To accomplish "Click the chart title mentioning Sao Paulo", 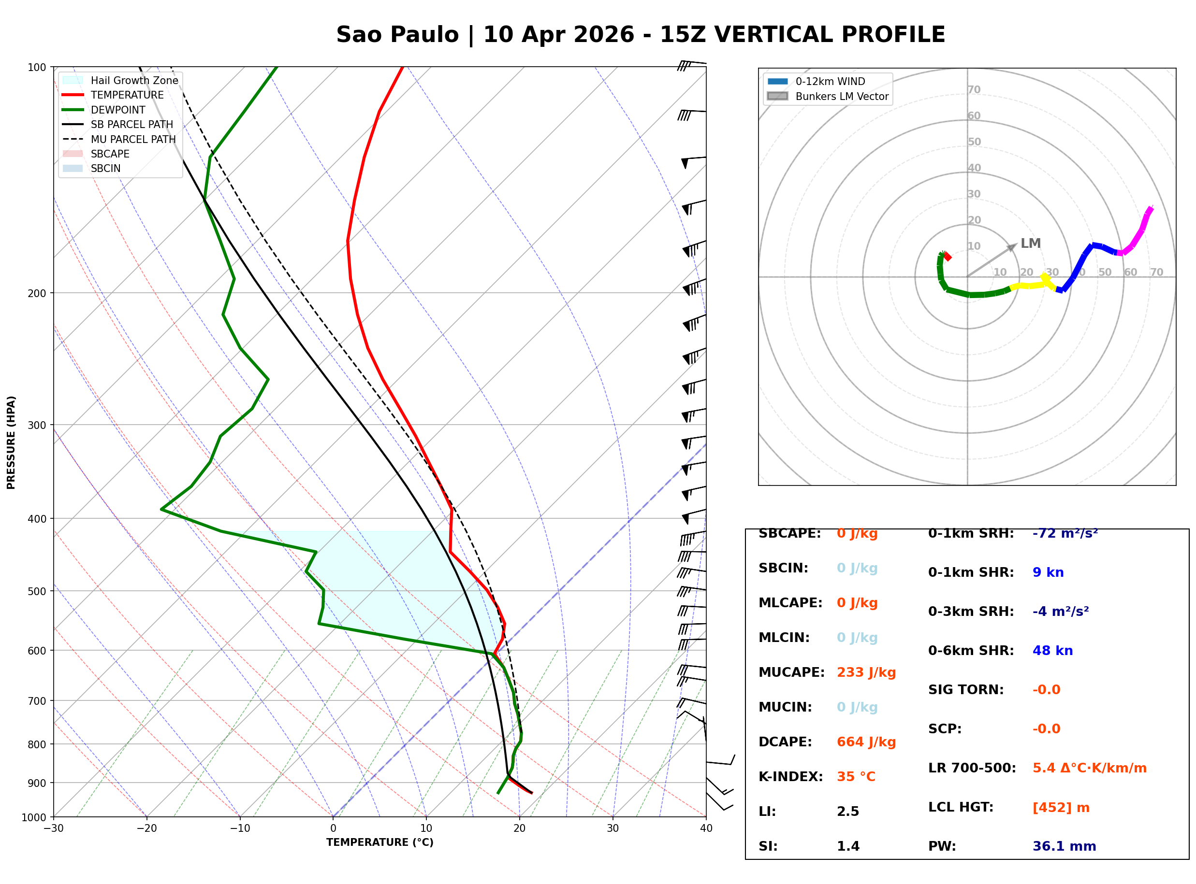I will [640, 34].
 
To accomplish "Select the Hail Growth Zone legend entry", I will [134, 80].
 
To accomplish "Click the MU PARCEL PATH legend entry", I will [133, 139].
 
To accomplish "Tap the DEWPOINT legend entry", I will [118, 110].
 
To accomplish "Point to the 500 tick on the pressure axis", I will [36, 591].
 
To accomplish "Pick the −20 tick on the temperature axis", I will [146, 828].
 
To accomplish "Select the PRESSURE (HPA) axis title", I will [11, 442].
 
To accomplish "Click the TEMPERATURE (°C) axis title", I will [379, 842].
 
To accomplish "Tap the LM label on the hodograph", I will [1030, 243].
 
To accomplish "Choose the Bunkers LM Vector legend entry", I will [842, 96].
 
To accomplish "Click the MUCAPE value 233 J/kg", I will [866, 672].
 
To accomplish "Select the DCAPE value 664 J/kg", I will [866, 741].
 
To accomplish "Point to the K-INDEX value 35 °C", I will [856, 776].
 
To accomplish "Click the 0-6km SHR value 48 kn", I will [1052, 651].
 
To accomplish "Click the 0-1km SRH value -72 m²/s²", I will [1065, 533].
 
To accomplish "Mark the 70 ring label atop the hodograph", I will [974, 89].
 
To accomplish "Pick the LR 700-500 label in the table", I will [972, 768].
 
